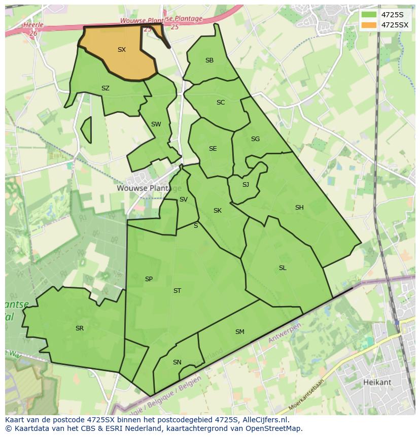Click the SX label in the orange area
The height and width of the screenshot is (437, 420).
[x=122, y=50]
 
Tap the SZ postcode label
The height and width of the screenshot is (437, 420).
[x=106, y=88]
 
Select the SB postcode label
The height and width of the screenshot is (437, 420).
[x=209, y=60]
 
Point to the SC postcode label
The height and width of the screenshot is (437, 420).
[x=221, y=103]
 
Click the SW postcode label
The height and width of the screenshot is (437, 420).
[x=156, y=124]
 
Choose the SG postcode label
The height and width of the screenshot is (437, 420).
[x=255, y=139]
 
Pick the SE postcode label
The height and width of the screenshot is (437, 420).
[x=213, y=149]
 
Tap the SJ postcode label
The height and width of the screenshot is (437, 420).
[x=246, y=185]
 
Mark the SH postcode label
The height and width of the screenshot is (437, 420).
[x=299, y=208]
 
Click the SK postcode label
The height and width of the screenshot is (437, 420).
[x=218, y=211]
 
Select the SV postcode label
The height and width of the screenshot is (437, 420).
[x=184, y=199]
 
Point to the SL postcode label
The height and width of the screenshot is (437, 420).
[x=283, y=268]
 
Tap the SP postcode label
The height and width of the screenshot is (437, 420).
[x=149, y=279]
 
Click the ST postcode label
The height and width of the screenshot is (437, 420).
[x=177, y=291]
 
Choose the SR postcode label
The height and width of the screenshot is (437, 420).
[x=80, y=328]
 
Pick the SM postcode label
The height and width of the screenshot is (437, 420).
[x=240, y=332]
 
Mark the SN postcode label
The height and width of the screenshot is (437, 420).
[x=177, y=362]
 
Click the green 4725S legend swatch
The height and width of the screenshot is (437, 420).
[x=369, y=14]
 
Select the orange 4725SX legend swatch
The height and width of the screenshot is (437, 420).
[x=369, y=25]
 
